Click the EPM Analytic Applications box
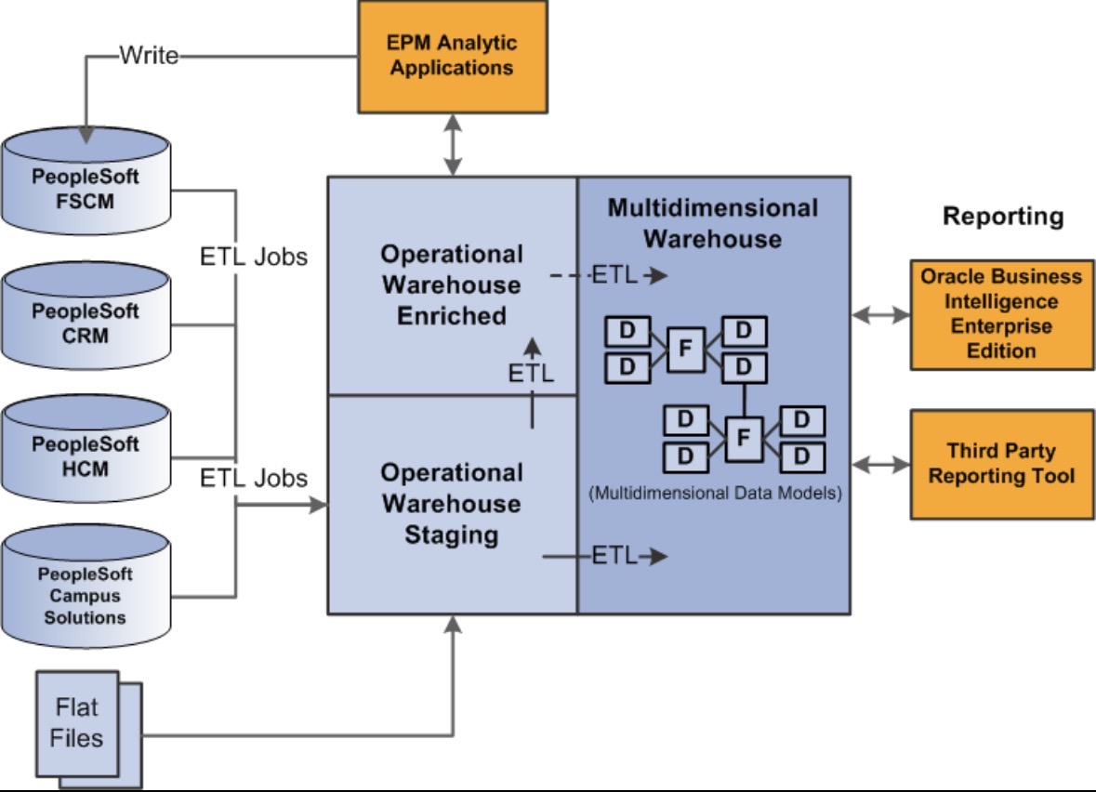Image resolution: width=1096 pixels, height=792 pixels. point(452,56)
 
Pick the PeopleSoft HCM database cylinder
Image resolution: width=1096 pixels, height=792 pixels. point(86,456)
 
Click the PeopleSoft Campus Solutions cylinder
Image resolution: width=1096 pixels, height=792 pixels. point(86,591)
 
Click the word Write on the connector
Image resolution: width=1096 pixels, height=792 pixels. point(149,56)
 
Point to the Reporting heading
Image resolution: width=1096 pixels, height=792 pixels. point(1002,217)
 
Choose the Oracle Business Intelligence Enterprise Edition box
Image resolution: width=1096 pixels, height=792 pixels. point(1001,314)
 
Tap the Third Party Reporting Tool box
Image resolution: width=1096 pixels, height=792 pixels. point(1001,464)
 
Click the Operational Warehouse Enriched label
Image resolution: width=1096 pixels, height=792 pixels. point(452,284)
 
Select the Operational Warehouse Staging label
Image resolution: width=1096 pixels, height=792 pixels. point(452,504)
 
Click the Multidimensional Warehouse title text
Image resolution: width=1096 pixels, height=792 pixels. point(713,223)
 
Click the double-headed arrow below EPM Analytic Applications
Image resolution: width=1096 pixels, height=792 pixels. point(452,145)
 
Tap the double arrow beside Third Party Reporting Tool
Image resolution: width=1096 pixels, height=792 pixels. point(880,463)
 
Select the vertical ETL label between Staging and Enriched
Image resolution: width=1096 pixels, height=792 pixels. point(531,374)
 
